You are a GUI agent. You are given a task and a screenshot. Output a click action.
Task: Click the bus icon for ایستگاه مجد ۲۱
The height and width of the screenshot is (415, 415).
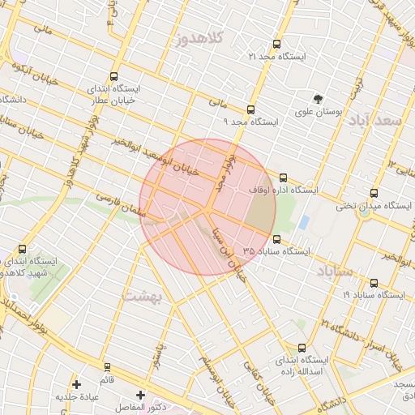click(x=277, y=44)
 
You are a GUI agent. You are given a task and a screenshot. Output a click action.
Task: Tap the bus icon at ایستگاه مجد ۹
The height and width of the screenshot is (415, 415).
click(x=250, y=109)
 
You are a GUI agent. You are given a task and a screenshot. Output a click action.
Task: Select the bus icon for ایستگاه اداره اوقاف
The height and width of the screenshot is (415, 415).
click(x=283, y=177)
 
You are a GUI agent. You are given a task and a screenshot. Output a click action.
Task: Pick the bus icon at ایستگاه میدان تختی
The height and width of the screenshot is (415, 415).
click(x=374, y=193)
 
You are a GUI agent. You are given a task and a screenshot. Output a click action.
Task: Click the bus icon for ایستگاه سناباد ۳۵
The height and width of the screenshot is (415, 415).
click(x=277, y=239)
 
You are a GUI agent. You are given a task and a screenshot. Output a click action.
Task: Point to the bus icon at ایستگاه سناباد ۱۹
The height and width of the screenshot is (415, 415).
click(x=374, y=283)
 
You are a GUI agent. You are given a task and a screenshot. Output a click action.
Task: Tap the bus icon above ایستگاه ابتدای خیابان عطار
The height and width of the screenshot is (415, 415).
click(x=113, y=75)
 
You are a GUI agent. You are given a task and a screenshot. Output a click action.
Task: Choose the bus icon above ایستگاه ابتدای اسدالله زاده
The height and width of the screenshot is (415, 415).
click(x=302, y=348)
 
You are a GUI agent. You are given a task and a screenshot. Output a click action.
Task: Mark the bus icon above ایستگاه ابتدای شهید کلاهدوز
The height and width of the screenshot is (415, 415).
click(x=22, y=249)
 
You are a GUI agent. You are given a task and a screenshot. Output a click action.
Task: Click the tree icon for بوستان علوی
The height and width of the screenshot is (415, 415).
click(x=318, y=99)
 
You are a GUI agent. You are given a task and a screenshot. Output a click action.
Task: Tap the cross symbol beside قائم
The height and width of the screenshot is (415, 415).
click(x=77, y=383)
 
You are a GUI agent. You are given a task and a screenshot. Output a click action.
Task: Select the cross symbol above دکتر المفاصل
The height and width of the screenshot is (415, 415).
click(x=141, y=395)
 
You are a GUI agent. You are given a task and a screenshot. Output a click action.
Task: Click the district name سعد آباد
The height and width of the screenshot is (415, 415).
click(x=374, y=120)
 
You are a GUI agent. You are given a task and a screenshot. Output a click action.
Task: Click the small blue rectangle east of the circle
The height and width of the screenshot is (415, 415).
click(x=303, y=221)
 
